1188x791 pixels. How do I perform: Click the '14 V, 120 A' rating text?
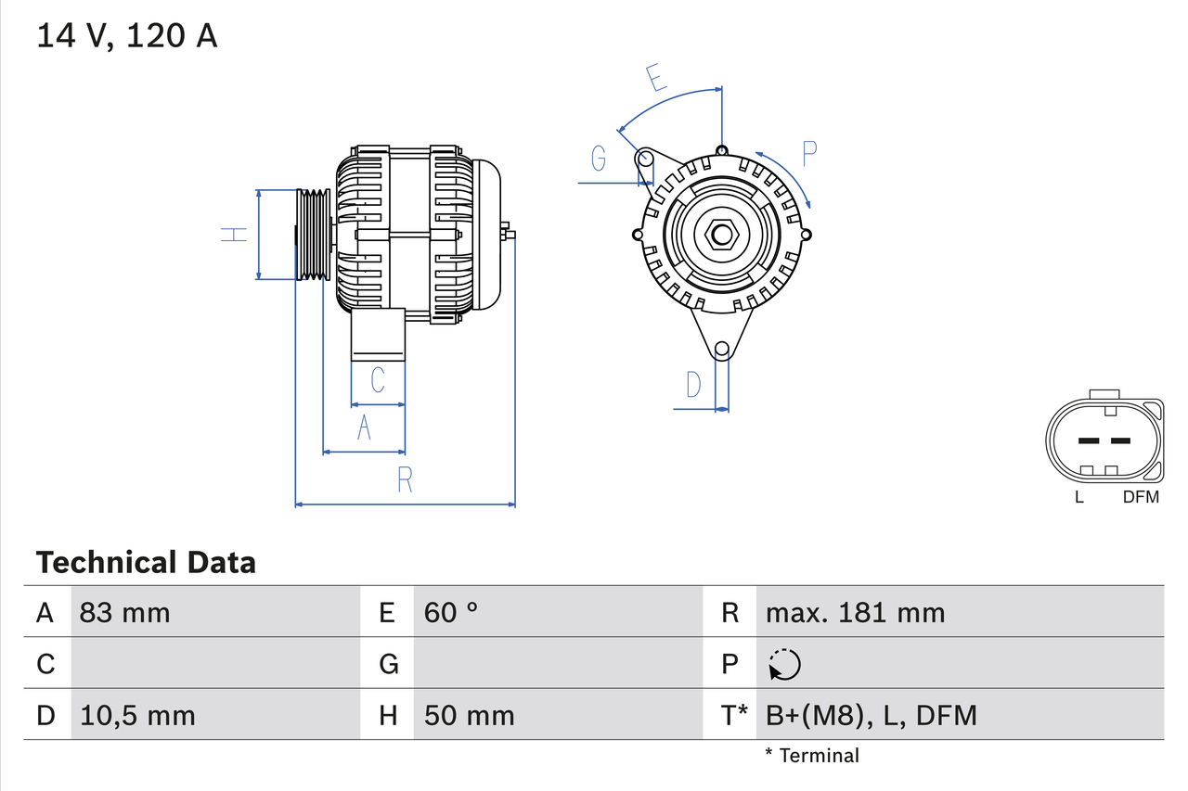coord(127,36)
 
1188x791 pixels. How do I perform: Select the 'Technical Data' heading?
coord(146,562)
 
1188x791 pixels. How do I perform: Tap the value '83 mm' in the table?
coord(124,612)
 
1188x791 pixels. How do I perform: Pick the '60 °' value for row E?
coord(451,612)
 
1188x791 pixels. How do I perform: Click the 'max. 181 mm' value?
coord(855,612)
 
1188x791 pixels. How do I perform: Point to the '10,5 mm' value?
coord(137,715)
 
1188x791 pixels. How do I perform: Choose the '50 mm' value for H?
coord(469,715)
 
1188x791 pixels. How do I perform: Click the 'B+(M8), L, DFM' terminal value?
coord(871,715)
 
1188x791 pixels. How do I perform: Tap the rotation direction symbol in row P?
coord(784,664)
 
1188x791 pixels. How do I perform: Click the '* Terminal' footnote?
coord(812,756)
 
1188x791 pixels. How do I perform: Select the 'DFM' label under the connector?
coord(1141,497)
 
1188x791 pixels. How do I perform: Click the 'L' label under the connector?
coord(1078,497)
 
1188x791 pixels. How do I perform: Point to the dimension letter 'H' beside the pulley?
coord(234,235)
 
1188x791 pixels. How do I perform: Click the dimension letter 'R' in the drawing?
coord(405,480)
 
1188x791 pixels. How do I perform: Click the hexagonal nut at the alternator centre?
coord(721,235)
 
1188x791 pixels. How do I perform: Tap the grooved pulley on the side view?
coord(313,235)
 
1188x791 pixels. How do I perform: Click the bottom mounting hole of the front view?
coord(721,350)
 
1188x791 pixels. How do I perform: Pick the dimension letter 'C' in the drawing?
coord(377,380)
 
